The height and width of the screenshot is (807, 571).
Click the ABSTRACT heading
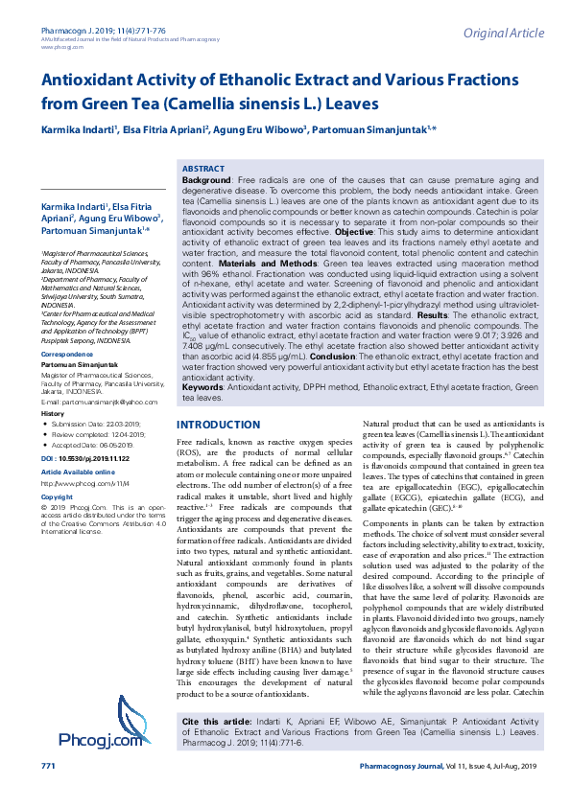[202, 167]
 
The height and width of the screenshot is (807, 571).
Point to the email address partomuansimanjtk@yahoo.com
[99, 403]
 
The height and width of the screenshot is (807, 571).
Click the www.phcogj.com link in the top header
[60, 47]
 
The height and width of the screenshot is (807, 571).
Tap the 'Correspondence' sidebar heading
[67, 355]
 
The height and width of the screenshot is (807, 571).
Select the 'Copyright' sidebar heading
[57, 497]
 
